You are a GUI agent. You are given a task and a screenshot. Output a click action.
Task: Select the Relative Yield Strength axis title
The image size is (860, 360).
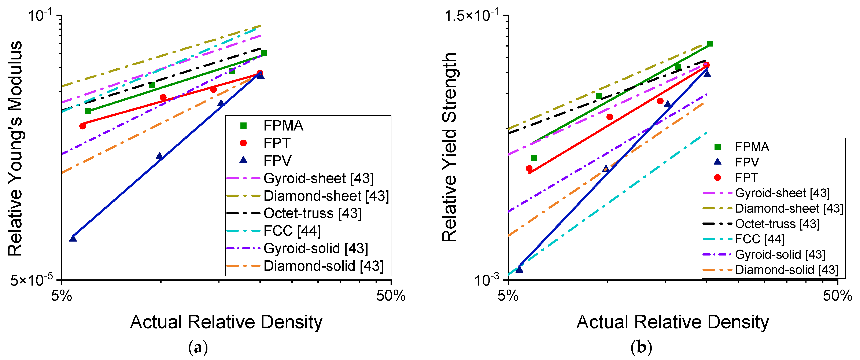(449, 147)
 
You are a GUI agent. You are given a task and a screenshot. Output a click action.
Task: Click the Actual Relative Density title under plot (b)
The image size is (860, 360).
(672, 322)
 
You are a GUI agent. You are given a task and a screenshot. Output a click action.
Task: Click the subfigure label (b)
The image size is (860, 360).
(641, 348)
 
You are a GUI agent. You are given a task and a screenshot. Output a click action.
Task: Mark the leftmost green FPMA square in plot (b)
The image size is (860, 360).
(534, 158)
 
